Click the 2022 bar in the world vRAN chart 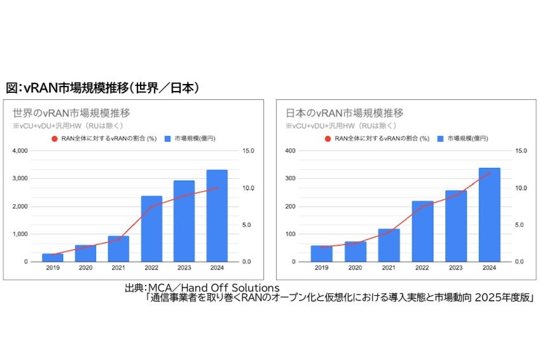[151, 229]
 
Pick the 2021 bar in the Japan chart [388, 246]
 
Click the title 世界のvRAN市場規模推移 [72, 113]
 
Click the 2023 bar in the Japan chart [455, 226]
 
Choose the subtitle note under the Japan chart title [331, 125]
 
